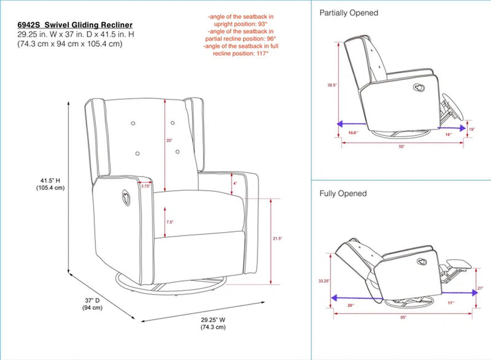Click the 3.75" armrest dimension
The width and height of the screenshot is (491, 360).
coord(145,186)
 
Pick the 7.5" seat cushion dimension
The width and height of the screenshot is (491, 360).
coord(169,222)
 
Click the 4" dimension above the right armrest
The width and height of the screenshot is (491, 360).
coord(234,183)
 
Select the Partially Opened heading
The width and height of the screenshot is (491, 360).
coord(349,12)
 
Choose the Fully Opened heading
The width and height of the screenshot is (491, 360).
coord(343,193)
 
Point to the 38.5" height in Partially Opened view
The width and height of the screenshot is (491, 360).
coord(332,86)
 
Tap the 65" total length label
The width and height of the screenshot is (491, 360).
coord(403,318)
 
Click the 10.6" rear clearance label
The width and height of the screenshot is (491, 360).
coord(353,133)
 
